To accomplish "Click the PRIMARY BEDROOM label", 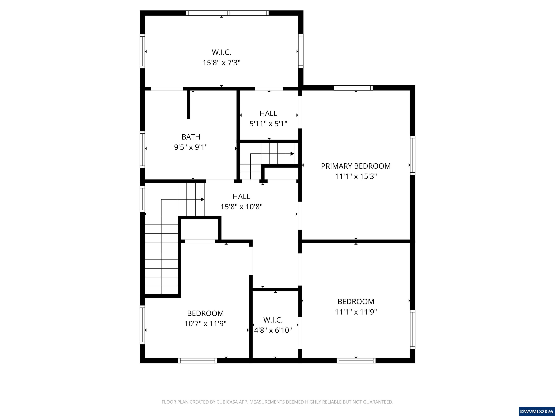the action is click(x=356, y=166).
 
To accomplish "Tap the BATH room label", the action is click(x=191, y=137).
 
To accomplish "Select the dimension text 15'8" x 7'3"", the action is click(x=221, y=62).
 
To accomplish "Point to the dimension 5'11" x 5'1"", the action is click(x=268, y=124).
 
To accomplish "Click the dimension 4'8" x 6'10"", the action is click(x=273, y=330).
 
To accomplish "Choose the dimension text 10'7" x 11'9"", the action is click(x=205, y=324).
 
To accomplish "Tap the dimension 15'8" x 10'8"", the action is click(x=241, y=207).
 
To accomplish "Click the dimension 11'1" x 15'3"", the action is click(x=356, y=176).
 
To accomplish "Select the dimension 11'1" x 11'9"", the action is click(x=356, y=312).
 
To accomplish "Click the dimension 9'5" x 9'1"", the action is click(x=191, y=147).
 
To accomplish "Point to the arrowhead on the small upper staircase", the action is click(x=292, y=153).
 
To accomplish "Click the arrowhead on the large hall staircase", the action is click(x=203, y=200).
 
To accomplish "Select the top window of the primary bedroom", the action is click(x=353, y=88).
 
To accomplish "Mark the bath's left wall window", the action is click(x=142, y=150).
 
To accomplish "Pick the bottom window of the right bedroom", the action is click(x=356, y=361).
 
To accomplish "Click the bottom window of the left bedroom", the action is click(x=198, y=361).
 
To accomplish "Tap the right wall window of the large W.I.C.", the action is click(x=301, y=51).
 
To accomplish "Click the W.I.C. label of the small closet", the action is click(x=273, y=320).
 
